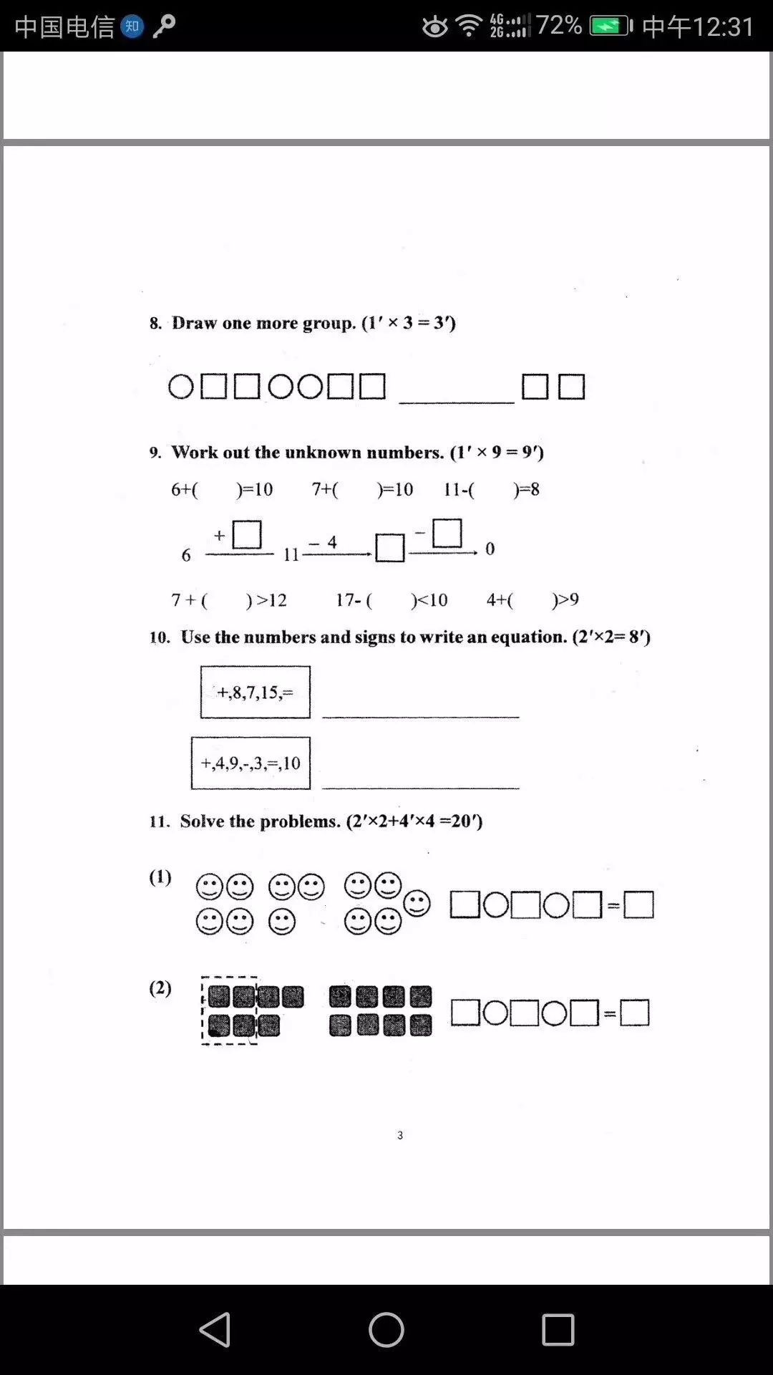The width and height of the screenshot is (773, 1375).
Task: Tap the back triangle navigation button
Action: click(215, 1330)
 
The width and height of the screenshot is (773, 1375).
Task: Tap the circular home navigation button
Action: click(386, 1330)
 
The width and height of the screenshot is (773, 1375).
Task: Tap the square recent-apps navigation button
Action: click(558, 1330)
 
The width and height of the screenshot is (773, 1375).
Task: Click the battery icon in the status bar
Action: click(611, 26)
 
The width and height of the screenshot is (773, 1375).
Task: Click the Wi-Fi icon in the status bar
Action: click(470, 26)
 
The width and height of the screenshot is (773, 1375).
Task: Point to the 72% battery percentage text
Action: click(558, 26)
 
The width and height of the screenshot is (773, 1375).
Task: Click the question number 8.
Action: click(155, 324)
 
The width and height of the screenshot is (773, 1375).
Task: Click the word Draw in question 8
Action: click(194, 323)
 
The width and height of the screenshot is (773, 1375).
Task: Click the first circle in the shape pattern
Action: click(180, 387)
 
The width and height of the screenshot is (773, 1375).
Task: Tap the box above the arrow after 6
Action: click(247, 535)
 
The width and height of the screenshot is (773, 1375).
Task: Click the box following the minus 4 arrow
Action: click(390, 549)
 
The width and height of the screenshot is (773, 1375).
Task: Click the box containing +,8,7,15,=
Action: click(256, 692)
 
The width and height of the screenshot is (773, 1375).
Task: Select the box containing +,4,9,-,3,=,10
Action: click(251, 763)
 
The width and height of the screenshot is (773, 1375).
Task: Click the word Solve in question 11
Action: click(202, 821)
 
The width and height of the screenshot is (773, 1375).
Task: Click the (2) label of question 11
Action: click(160, 988)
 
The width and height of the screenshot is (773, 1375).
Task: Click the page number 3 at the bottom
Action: click(400, 1135)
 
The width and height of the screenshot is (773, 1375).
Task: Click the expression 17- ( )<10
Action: click(392, 600)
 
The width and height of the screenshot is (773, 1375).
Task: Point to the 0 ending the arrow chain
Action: click(490, 549)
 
